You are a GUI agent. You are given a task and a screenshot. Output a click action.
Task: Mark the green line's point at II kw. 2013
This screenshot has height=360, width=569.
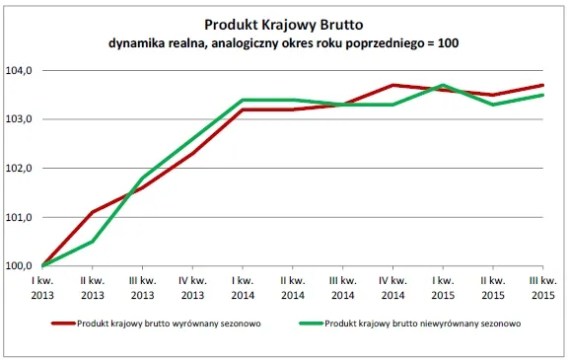coord(93,242)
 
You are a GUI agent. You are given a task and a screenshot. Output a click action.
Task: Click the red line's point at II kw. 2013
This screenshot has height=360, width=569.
coord(93,212)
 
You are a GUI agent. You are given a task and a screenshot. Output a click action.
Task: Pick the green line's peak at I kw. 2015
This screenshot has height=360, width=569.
coord(443,85)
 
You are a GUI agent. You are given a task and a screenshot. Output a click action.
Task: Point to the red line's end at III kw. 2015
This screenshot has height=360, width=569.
coord(542,86)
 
